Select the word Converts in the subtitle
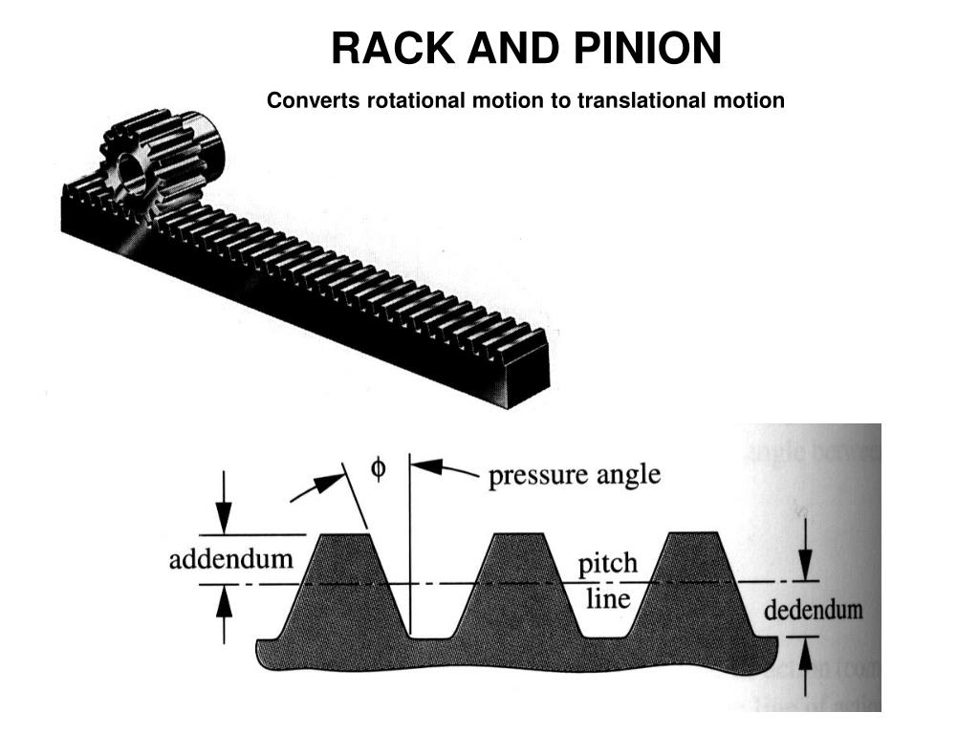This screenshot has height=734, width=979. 304,100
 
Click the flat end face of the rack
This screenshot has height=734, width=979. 527,378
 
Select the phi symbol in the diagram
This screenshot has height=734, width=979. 379,471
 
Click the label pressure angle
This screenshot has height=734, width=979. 574,476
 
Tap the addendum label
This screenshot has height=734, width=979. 230,559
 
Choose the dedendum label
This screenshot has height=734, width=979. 813,609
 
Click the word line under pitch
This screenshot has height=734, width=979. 607,599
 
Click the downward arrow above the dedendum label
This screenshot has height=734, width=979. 806,552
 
